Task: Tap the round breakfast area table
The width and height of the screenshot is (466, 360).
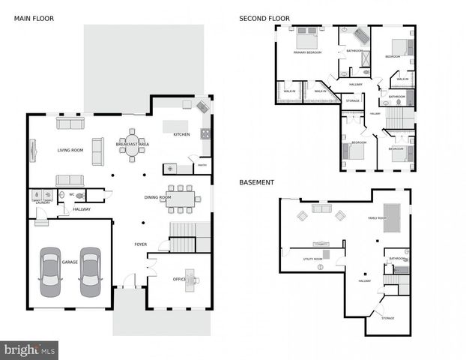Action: tap(132, 149)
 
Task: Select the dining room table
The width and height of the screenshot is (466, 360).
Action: tap(181, 198)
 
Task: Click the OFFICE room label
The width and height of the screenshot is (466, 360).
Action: tap(179, 280)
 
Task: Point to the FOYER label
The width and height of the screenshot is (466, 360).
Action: tap(141, 244)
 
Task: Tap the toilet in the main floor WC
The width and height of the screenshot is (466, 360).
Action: tap(79, 196)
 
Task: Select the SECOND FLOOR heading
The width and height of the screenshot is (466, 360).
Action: tap(264, 18)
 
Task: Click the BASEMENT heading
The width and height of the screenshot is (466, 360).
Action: tap(256, 182)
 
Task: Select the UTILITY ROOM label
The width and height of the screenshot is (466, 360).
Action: tap(313, 259)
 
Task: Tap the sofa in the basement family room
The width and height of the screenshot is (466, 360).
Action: tap(321, 208)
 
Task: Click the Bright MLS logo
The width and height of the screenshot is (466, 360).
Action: tap(29, 349)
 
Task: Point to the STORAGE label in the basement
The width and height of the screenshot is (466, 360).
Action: tap(387, 318)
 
